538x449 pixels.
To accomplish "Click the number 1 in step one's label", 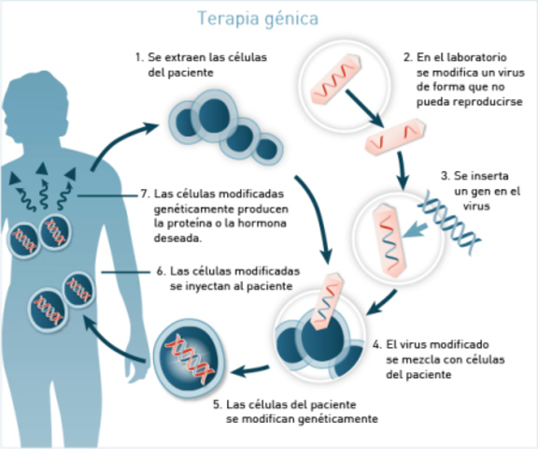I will [x=138, y=58].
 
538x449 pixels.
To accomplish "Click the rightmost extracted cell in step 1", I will [x=269, y=146].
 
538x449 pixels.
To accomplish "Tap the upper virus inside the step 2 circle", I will [x=339, y=75].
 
